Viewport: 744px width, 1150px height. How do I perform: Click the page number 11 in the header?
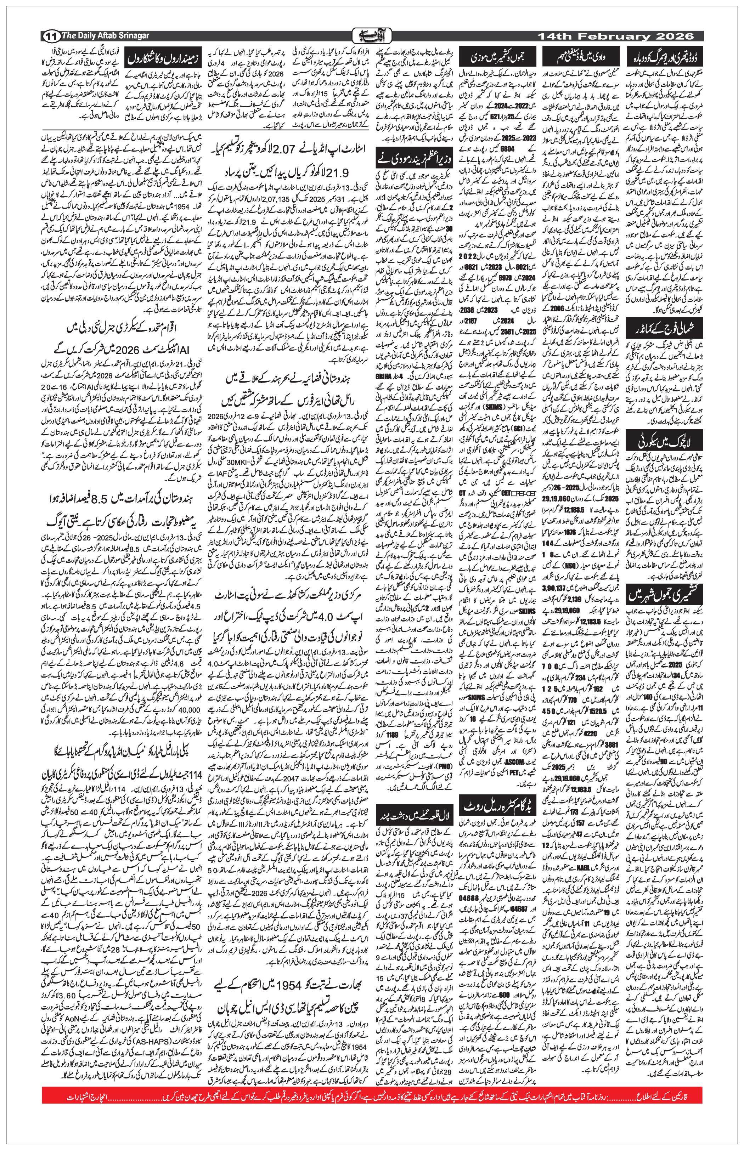tap(51, 36)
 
